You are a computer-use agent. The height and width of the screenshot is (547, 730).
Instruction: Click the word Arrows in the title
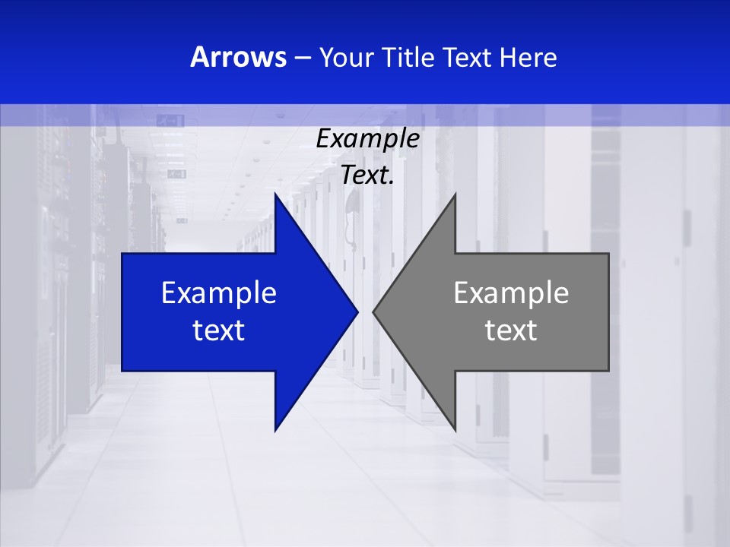(238, 57)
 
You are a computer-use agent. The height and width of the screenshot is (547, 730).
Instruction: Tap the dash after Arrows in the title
(302, 58)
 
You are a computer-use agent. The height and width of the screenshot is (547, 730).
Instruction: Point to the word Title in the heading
(408, 57)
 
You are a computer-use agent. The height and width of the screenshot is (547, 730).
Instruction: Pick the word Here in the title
(528, 57)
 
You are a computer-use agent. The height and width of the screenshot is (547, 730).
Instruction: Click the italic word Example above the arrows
(367, 139)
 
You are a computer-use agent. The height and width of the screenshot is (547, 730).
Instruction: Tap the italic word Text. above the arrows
(367, 175)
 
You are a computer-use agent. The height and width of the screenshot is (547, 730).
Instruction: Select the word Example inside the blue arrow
(219, 293)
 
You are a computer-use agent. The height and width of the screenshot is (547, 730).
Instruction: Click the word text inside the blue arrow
(219, 330)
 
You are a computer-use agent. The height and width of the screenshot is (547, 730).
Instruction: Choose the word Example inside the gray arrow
(511, 293)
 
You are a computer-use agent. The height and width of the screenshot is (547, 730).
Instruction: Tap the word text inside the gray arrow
(511, 330)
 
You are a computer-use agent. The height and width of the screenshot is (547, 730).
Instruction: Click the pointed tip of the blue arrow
(357, 311)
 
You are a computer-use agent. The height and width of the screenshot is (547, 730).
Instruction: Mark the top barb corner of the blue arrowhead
(275, 194)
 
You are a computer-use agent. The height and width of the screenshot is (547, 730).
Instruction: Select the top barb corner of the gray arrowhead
(455, 194)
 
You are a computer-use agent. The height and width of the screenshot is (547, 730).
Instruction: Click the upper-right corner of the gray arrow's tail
(608, 254)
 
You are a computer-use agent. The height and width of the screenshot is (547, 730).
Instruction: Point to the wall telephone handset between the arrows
(351, 213)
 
